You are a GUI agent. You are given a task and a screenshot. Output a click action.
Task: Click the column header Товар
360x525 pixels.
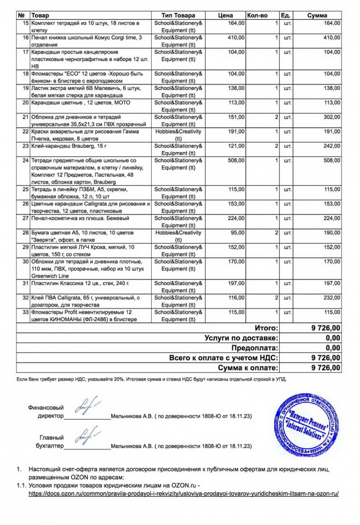pyautogui.click(x=41, y=15)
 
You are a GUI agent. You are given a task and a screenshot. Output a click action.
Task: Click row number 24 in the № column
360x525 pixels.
pyautogui.click(x=25, y=161)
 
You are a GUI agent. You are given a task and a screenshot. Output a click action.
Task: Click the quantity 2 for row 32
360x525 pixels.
pyautogui.click(x=277, y=298)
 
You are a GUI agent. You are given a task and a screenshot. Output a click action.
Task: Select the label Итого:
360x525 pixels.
pyautogui.click(x=266, y=328)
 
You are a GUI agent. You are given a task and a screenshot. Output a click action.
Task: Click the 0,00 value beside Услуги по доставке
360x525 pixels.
pyautogui.click(x=332, y=338)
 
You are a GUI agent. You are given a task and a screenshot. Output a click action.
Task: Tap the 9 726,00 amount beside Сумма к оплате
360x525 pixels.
pyautogui.click(x=326, y=368)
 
